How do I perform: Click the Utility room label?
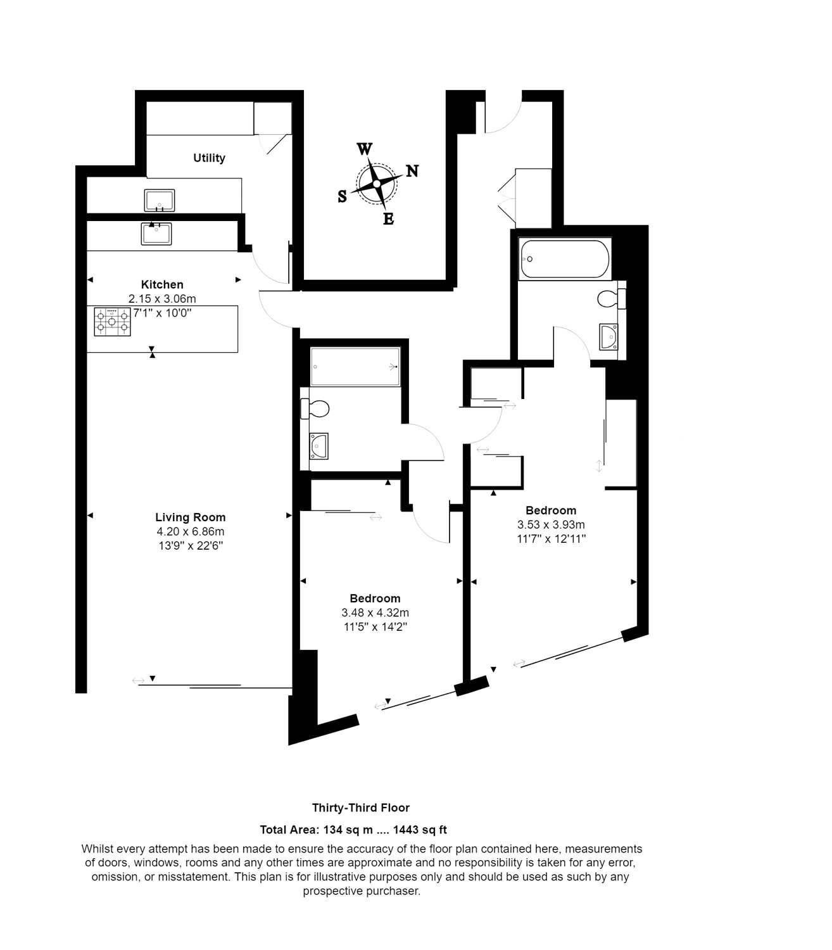(209, 158)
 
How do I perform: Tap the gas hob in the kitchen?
(113, 322)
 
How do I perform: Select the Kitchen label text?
(162, 284)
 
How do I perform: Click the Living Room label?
(191, 517)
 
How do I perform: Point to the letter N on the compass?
(412, 171)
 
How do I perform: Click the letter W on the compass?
(365, 149)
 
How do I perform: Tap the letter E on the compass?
(389, 218)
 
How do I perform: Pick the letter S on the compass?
(342, 196)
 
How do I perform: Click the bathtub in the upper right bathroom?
(565, 259)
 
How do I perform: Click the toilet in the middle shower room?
(315, 408)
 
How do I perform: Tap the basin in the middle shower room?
(318, 446)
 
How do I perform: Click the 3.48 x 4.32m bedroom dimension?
(375, 612)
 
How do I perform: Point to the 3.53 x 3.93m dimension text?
(551, 524)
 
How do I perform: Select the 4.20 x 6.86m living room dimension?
(191, 531)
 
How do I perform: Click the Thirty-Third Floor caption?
(361, 807)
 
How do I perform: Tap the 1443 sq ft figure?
(420, 830)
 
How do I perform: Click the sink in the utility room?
(160, 201)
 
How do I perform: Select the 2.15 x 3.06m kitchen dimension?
(162, 299)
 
